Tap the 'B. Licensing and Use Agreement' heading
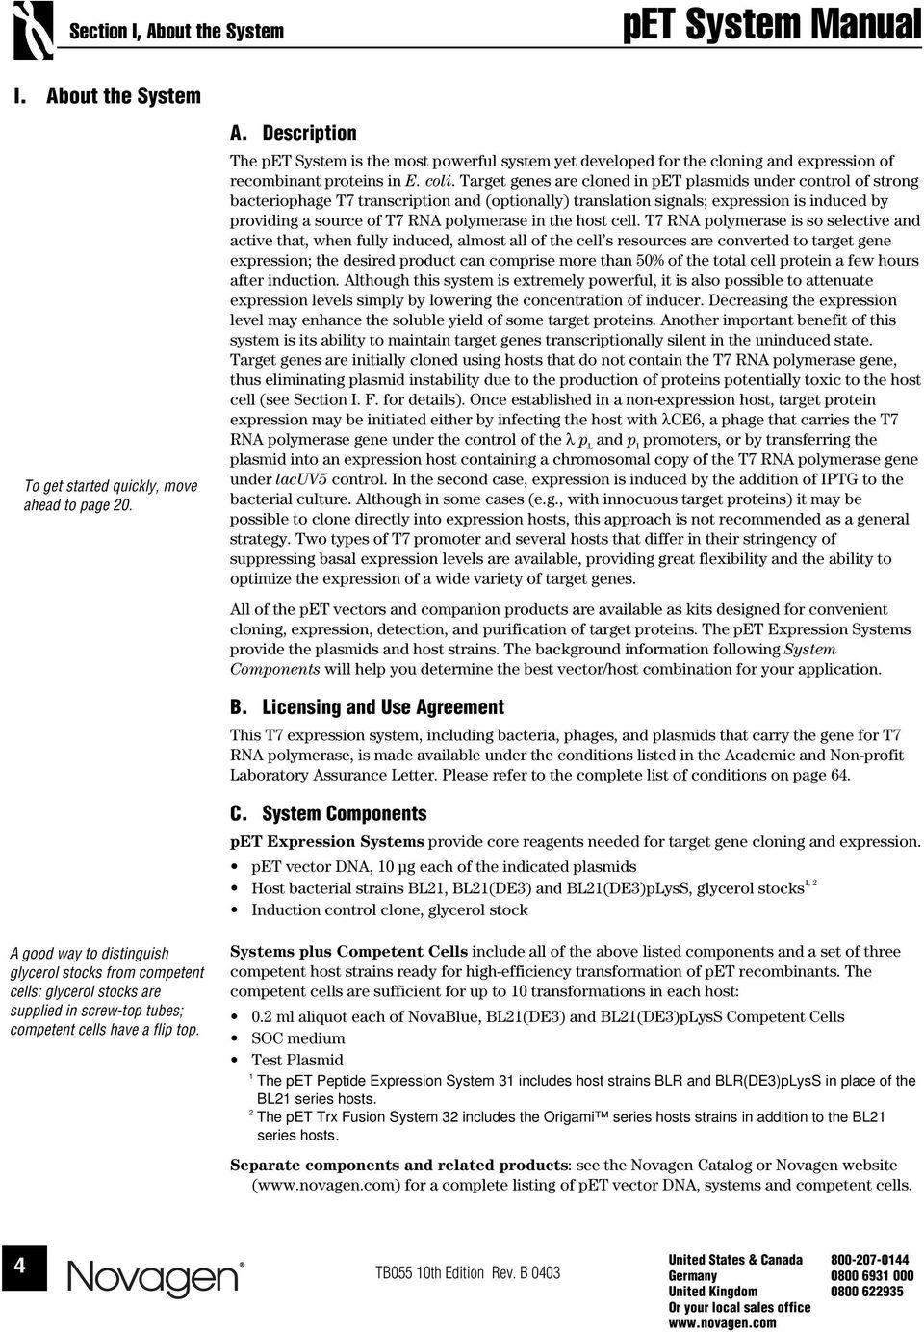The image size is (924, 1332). [x=367, y=707]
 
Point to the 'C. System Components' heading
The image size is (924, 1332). [x=328, y=814]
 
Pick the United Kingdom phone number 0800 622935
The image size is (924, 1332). [x=866, y=1292]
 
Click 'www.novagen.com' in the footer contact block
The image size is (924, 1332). [x=722, y=1323]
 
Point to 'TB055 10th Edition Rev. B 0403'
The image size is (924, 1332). [x=467, y=1273]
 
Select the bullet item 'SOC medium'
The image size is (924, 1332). [x=297, y=1038]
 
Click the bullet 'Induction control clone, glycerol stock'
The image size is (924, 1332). [x=389, y=910]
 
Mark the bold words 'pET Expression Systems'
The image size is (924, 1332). [x=327, y=841]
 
